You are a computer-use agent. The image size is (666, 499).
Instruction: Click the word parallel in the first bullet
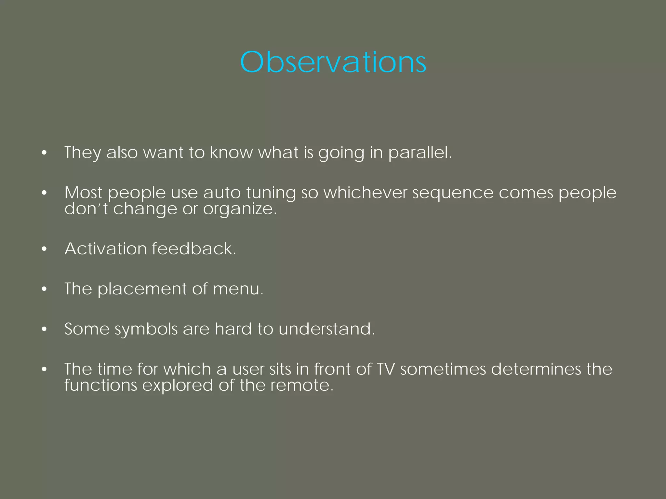pos(419,153)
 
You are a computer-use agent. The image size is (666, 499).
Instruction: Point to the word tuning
pos(271,193)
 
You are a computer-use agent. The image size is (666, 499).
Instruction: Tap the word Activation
pos(106,249)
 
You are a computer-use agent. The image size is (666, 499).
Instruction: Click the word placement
pos(142,289)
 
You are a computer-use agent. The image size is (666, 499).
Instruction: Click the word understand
pos(326,329)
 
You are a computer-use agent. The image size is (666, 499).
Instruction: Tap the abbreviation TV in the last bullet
pos(385,369)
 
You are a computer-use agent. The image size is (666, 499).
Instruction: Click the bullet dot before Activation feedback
pos(45,249)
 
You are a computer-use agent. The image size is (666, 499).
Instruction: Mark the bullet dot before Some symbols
pos(45,330)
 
